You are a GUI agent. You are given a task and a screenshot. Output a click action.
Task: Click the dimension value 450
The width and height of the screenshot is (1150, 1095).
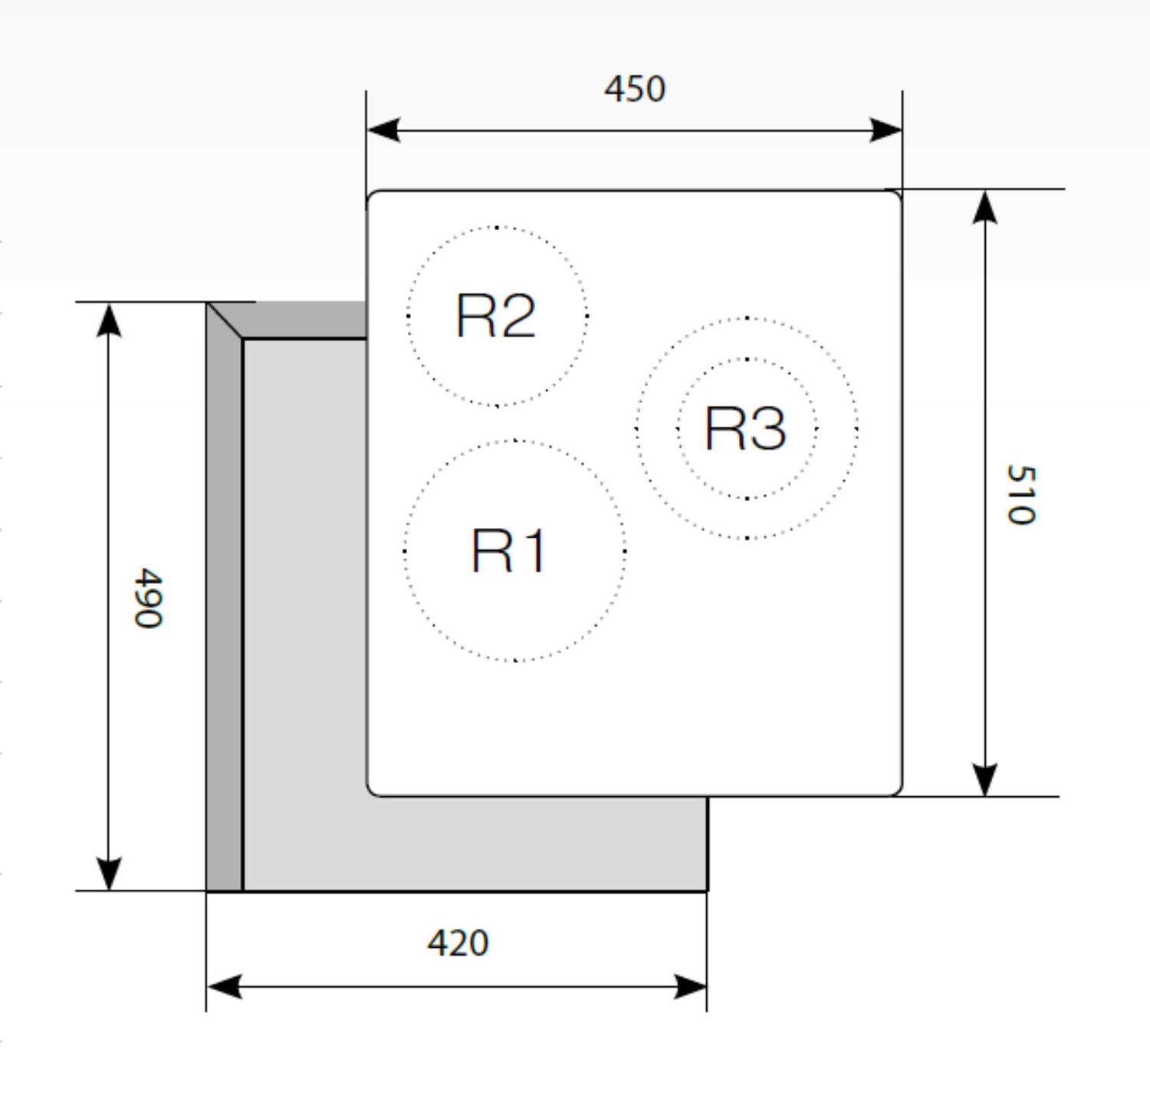(635, 89)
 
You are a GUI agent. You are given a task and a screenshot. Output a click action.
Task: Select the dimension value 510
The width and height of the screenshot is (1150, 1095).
(1021, 495)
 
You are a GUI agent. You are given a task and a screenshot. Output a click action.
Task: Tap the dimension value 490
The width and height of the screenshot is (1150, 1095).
(149, 598)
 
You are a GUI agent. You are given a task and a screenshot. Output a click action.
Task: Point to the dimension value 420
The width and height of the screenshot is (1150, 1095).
(458, 943)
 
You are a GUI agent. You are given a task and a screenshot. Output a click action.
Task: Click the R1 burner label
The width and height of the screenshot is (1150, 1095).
(508, 551)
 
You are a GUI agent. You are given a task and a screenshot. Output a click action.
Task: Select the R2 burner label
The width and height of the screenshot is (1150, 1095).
(495, 316)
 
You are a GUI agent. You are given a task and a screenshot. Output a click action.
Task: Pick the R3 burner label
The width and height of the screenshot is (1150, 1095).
(745, 428)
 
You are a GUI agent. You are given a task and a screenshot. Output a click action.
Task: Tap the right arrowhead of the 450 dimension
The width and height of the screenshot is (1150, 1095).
(886, 129)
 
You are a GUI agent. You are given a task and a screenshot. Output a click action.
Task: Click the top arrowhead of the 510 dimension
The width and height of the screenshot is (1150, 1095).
(985, 208)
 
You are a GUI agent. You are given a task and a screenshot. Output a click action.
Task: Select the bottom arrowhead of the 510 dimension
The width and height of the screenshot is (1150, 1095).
(985, 779)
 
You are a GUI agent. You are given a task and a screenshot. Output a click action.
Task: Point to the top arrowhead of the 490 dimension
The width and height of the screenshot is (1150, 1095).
(109, 320)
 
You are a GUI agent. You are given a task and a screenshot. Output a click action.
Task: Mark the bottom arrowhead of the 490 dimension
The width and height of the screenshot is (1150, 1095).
(109, 874)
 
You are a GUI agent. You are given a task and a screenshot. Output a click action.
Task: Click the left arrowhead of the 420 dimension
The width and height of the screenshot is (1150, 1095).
(225, 987)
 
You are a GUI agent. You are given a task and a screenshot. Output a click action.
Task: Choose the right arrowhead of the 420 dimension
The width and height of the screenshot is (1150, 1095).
(690, 987)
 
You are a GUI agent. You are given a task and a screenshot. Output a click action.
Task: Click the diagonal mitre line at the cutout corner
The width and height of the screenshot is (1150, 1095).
(225, 320)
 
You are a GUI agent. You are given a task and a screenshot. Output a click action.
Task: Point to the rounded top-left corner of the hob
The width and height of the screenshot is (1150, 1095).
(373, 195)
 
